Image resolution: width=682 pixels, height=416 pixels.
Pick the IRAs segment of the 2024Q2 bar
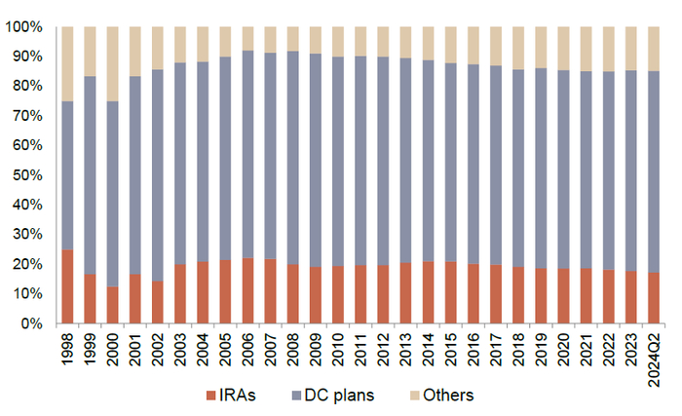point(656,297)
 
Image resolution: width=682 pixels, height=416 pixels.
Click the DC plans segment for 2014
point(430,174)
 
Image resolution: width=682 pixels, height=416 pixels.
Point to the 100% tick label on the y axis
point(24,27)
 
